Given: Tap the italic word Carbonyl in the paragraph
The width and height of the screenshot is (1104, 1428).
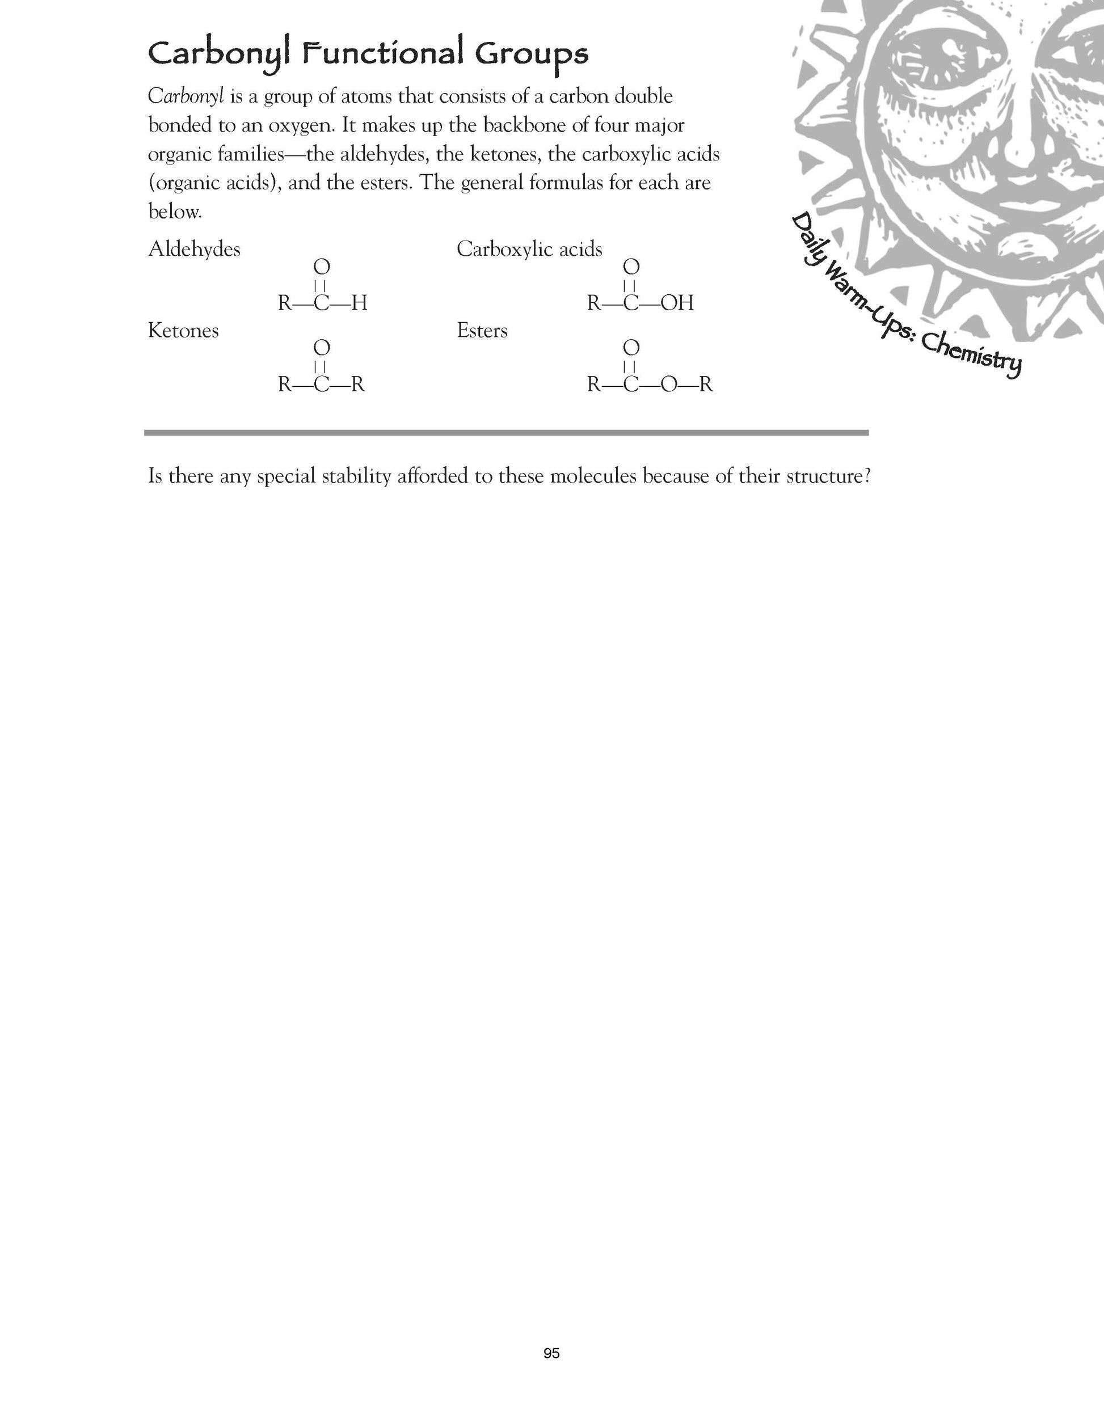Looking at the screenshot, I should (x=186, y=97).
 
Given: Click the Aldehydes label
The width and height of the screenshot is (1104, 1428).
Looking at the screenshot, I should (x=194, y=249).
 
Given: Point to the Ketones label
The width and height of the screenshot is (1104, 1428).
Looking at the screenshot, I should (x=183, y=331).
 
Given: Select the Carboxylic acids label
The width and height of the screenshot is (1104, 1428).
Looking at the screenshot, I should (x=529, y=249).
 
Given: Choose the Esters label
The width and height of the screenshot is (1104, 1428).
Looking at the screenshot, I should (x=482, y=331).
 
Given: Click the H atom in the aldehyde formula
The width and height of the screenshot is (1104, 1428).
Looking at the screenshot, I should (x=359, y=303).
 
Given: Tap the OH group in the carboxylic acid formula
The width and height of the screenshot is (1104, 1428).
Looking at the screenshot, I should (x=677, y=303).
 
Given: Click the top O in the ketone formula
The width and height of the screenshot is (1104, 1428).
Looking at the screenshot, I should (x=322, y=347).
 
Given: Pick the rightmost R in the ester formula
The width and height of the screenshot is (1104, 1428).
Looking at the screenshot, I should (x=706, y=385).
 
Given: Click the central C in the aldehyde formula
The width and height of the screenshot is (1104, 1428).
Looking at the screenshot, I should (x=322, y=303).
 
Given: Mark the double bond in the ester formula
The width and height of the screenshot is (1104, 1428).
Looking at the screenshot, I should (x=630, y=366).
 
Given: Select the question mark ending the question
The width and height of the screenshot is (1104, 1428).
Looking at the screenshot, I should (x=867, y=476).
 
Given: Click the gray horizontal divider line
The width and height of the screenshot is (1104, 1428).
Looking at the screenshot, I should (x=505, y=432).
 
